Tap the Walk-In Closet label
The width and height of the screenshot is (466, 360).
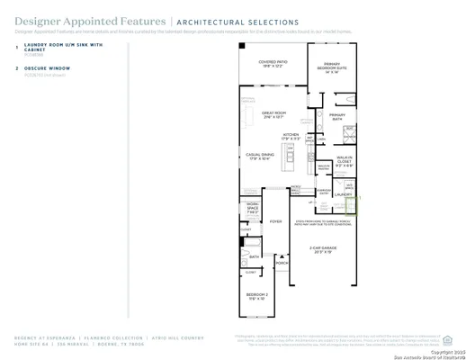click(344, 164)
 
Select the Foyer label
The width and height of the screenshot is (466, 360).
click(276, 220)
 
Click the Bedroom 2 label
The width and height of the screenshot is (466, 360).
click(257, 294)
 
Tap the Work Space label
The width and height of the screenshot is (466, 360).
click(253, 211)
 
